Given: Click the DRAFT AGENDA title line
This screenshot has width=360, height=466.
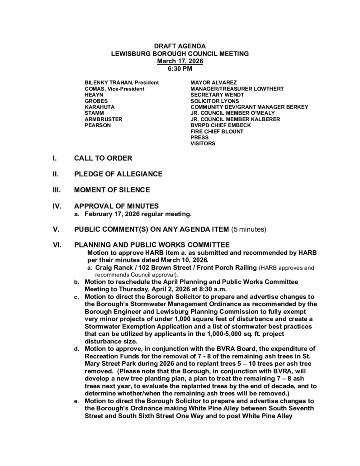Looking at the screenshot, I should point(180,47).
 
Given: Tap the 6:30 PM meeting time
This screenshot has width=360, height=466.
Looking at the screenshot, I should point(180,68).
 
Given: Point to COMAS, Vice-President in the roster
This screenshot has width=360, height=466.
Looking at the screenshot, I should point(114,89).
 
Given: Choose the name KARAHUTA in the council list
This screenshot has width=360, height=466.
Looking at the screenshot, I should point(99,107).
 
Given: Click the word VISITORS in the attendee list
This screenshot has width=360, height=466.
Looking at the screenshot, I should point(203,143).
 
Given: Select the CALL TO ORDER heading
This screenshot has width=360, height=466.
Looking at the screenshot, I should point(103,158).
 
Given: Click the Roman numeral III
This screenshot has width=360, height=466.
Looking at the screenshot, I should point(57,190).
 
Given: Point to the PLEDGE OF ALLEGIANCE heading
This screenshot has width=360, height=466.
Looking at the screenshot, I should point(118,174).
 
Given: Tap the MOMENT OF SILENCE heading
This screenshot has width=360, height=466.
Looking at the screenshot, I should point(112,190).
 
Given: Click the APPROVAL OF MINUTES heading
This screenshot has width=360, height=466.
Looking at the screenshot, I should point(116,205).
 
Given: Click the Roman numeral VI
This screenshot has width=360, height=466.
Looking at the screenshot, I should point(57,245).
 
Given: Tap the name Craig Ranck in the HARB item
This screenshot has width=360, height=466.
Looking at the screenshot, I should point(113,268).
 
